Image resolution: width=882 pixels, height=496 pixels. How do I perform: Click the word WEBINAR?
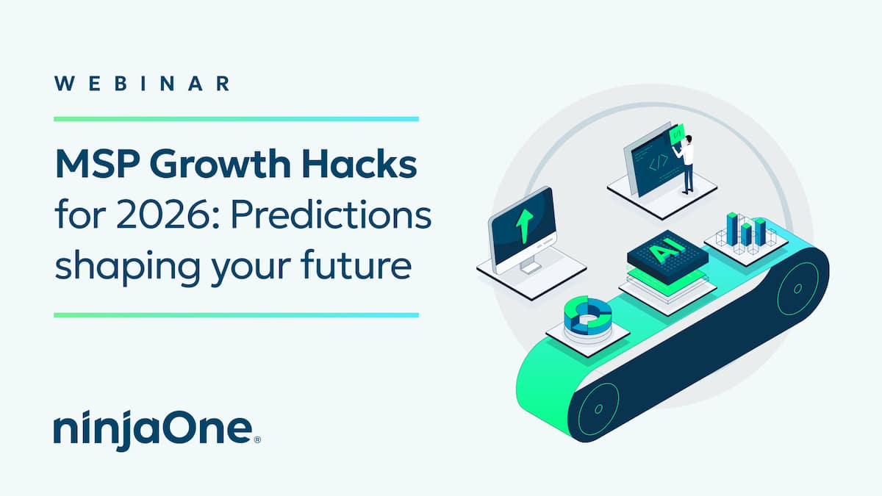pos(142,84)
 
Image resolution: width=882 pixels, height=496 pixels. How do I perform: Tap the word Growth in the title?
pos(220,164)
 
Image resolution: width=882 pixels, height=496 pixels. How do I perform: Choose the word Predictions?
pos(331,215)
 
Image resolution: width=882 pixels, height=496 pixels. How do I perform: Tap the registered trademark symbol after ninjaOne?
pos(257,439)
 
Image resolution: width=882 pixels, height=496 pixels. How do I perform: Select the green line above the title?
pos(236,119)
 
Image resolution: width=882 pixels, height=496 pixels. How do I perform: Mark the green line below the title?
pos(236,315)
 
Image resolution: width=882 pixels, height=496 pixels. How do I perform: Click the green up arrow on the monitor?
pos(525,226)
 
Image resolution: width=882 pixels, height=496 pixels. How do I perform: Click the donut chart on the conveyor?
pos(588,316)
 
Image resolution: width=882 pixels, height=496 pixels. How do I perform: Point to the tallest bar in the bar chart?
pos(731,229)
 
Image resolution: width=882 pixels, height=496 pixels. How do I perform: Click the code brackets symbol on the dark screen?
pos(659,162)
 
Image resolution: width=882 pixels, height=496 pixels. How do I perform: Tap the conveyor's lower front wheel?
pos(598,409)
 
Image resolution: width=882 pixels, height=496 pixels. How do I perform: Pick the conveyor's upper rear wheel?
pos(797,289)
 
